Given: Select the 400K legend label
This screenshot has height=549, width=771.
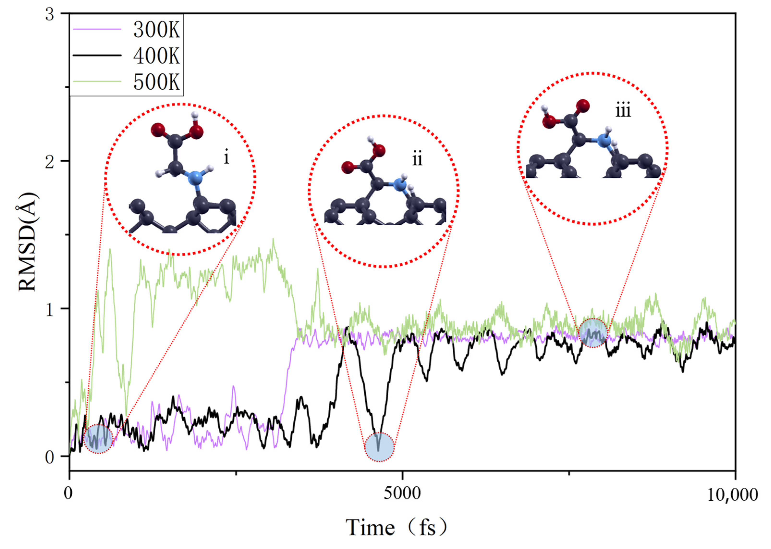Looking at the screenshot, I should [x=156, y=56].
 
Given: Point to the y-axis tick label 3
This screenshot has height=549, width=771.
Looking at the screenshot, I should [x=50, y=15].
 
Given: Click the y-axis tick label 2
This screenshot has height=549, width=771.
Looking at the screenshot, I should [x=50, y=162].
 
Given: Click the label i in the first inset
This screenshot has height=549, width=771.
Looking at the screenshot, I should [x=226, y=157].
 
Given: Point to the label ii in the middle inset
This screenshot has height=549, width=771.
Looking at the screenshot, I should [x=417, y=159].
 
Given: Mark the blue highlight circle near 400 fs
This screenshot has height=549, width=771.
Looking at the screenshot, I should [x=98, y=439].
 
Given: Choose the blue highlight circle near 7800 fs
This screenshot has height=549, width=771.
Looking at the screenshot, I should [x=593, y=333].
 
